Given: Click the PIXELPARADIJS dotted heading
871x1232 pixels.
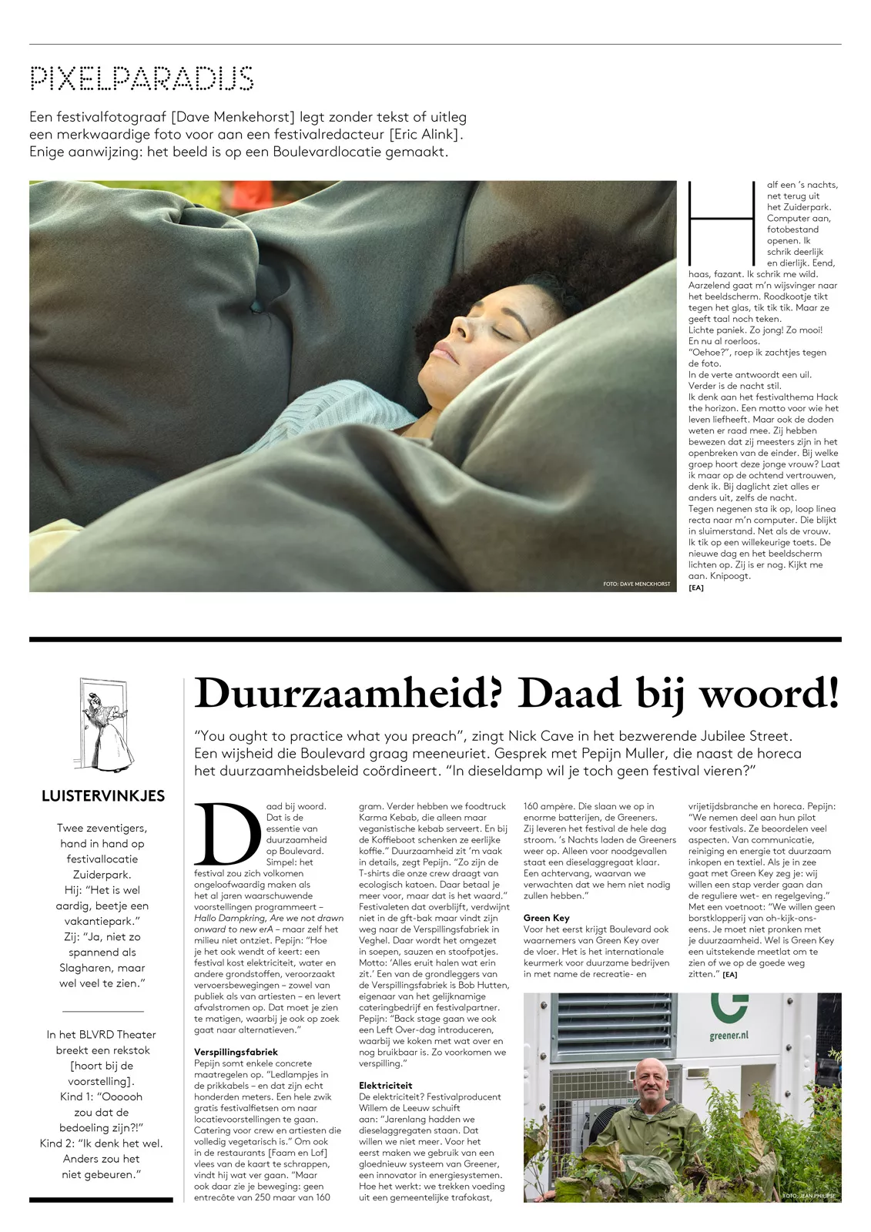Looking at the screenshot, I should tap(142, 79).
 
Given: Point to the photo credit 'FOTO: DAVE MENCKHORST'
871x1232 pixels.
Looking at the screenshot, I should tap(637, 584).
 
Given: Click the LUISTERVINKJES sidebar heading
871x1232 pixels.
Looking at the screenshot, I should tap(103, 796).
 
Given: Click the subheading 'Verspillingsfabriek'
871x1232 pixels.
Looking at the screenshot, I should tap(236, 1051).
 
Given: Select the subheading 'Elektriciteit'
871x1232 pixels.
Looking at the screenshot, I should tap(386, 1085).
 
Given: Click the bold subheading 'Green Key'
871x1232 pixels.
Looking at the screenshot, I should tap(546, 918).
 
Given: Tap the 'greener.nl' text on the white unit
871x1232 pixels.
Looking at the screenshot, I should tap(729, 1036).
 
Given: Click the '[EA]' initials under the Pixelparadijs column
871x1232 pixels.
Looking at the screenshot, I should tap(695, 588).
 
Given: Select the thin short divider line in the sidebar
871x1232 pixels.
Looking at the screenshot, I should tap(102, 1009).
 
